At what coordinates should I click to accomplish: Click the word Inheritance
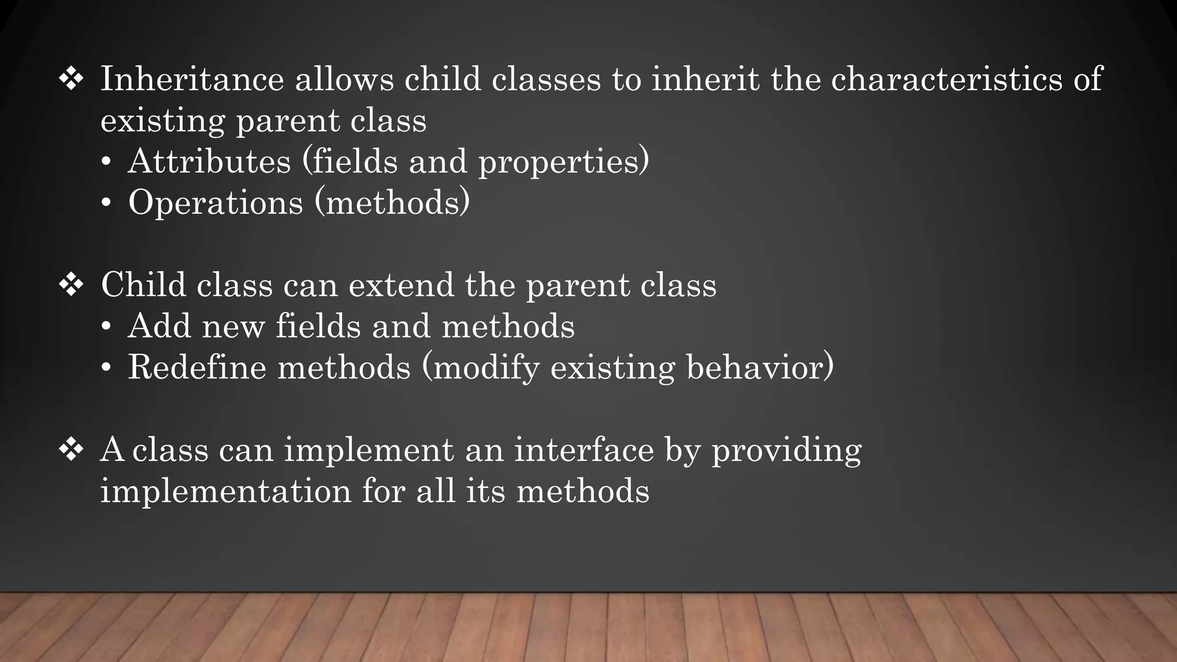click(192, 79)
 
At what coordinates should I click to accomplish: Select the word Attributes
click(209, 161)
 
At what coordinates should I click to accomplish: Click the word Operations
click(216, 202)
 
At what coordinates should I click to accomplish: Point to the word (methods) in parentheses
click(393, 202)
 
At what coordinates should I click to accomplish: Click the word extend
click(401, 285)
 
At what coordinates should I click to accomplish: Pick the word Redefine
click(197, 367)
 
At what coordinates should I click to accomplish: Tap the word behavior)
click(760, 367)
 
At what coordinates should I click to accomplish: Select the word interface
click(584, 449)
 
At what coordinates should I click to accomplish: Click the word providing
click(787, 451)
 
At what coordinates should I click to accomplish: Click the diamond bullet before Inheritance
click(71, 79)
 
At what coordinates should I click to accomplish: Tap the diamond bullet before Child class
click(71, 284)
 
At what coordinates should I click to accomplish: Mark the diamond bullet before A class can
click(71, 449)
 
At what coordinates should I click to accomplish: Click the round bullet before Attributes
click(106, 162)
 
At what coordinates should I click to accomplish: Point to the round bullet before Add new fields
click(106, 327)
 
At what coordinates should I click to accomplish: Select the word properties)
click(564, 162)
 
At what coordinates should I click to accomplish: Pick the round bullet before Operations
click(106, 203)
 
